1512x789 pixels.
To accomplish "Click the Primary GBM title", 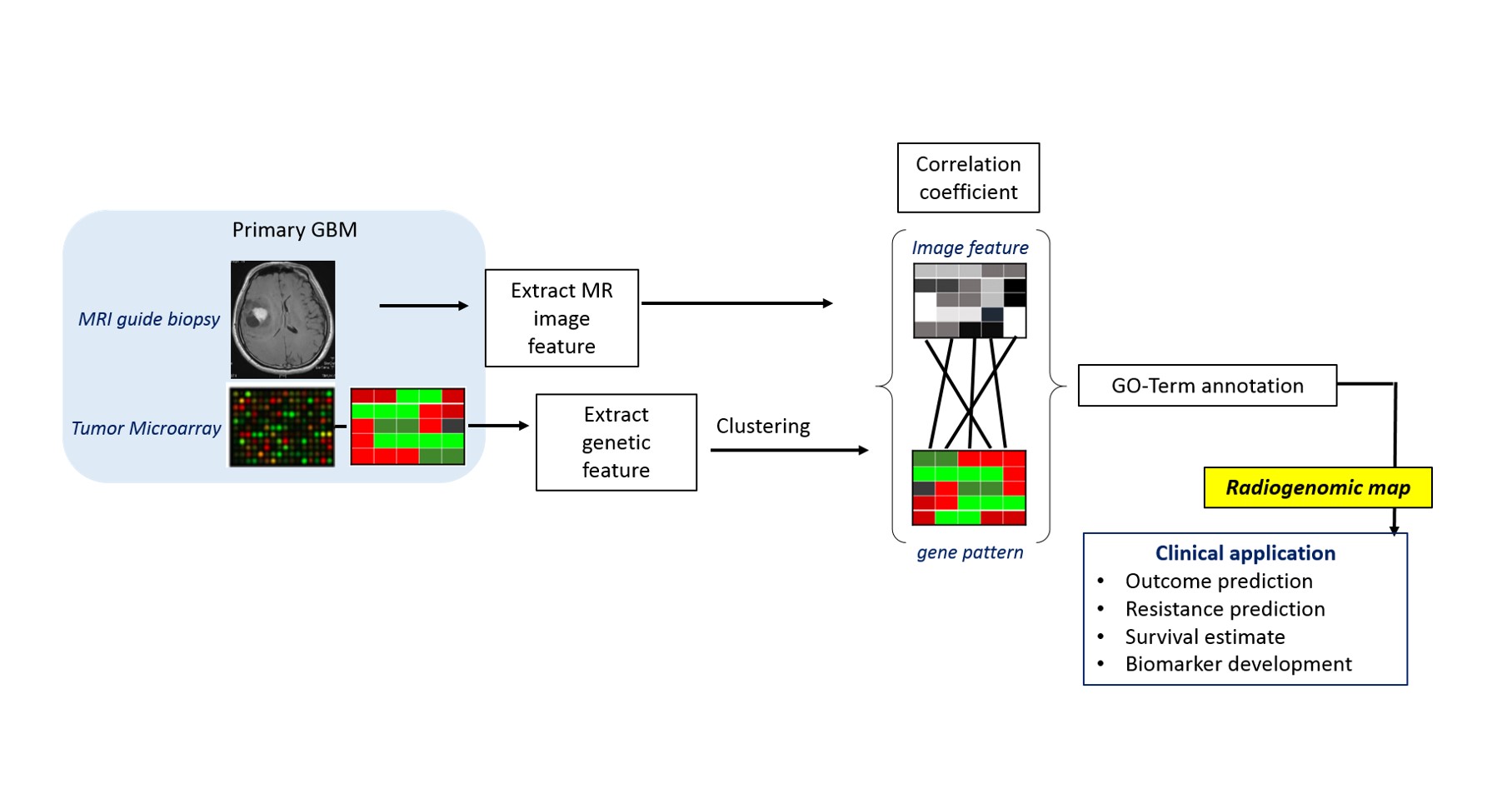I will pos(294,230).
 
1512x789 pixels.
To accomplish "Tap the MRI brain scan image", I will pos(282,319).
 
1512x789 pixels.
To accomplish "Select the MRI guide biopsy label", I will pos(149,319).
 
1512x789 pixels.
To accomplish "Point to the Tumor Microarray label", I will pos(146,428).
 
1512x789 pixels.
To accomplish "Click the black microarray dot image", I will pos(282,427).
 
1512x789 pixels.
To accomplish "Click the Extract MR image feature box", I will pos(561,318).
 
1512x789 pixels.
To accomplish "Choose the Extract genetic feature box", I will pos(616,442).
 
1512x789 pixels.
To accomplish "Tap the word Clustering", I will pos(762,427).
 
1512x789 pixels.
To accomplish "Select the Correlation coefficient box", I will pos(968,178).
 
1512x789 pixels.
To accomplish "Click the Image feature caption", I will pos(970,247).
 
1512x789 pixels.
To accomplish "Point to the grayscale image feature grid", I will pos(970,301).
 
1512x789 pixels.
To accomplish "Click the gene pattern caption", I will pos(970,552).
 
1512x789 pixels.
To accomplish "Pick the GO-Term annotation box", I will pos(1207,386).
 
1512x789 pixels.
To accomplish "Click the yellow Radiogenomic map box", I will pos(1317,487).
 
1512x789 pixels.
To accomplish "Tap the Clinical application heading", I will pos(1245,553).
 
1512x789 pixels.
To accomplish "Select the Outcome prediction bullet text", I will pos(1218,581).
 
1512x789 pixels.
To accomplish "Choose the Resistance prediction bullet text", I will pos(1225,609).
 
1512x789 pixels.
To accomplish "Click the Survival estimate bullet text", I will pos(1205,637).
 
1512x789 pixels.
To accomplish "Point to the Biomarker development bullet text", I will pos(1238,664).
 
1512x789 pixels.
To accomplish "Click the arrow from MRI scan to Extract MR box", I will pos(423,306).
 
